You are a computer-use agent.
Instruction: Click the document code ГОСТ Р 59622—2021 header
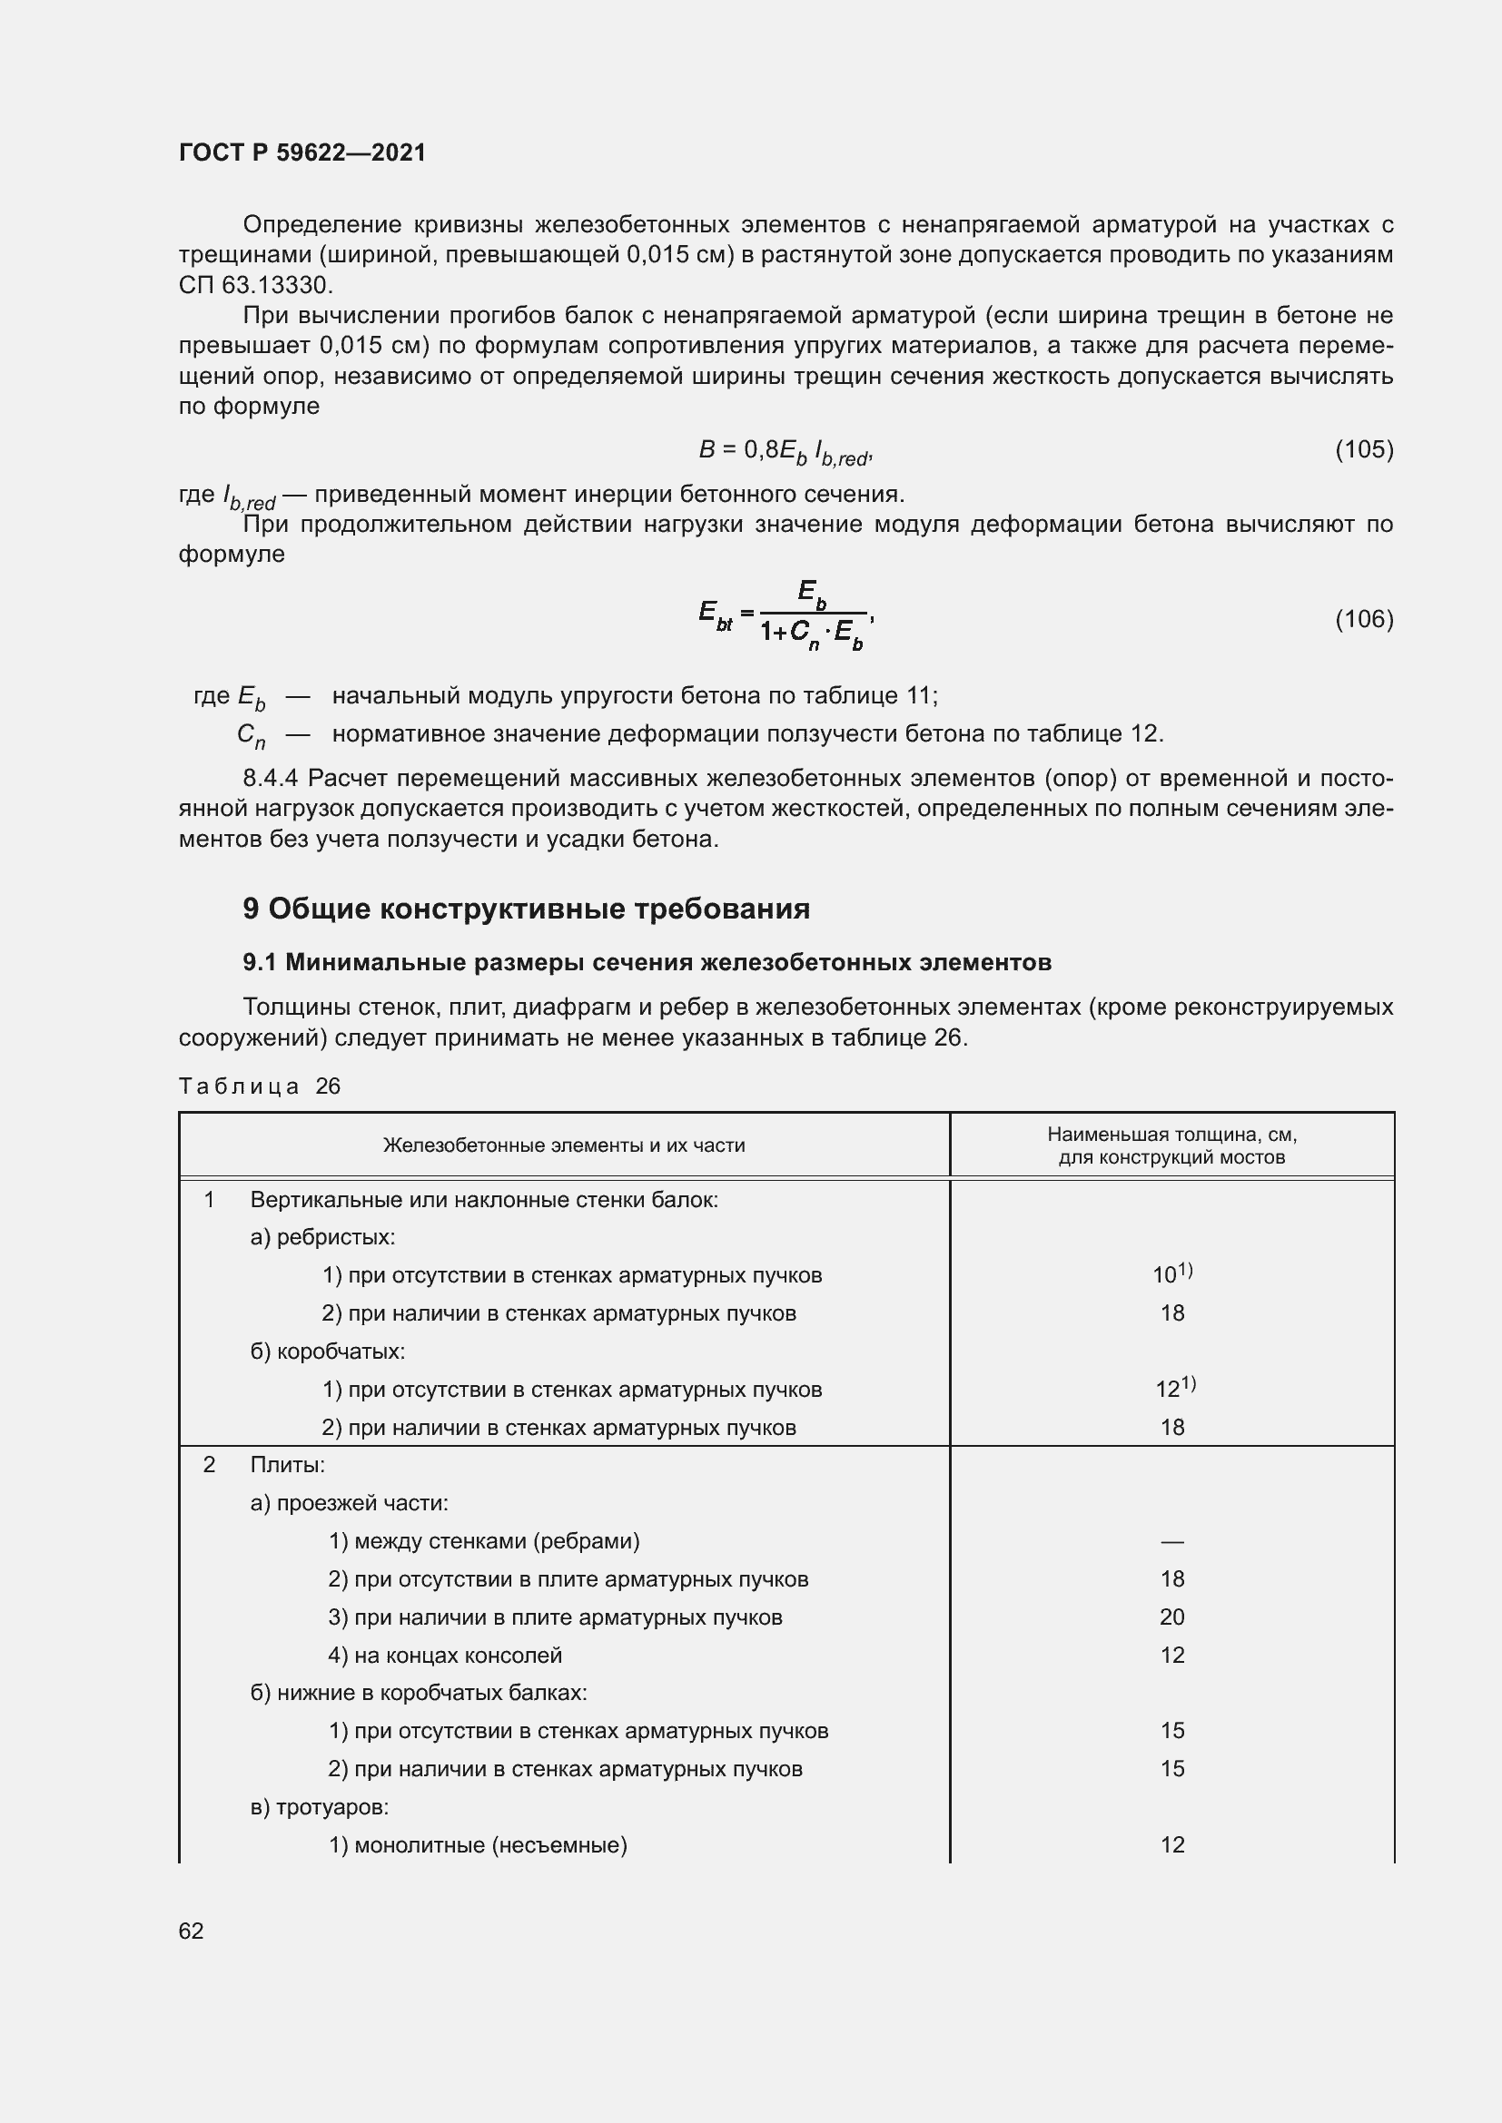(x=302, y=152)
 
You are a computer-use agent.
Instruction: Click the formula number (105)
(x=1363, y=449)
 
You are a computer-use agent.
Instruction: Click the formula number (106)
(x=1363, y=619)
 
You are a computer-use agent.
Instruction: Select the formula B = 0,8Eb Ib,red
(x=786, y=451)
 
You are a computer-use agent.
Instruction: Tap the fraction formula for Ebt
(x=786, y=614)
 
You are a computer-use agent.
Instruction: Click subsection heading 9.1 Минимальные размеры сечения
(x=647, y=962)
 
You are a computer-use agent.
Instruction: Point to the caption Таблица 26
(x=260, y=1086)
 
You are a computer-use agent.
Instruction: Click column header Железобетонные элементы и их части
(x=563, y=1145)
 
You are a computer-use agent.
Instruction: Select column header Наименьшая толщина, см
(x=1171, y=1145)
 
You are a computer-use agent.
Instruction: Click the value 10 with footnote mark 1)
(x=1171, y=1274)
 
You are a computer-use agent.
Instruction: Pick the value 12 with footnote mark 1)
(x=1173, y=1388)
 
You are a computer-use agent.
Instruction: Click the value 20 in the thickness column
(x=1171, y=1617)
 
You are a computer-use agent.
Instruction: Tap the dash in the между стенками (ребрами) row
(x=1171, y=1541)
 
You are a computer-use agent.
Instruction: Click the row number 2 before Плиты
(x=209, y=1465)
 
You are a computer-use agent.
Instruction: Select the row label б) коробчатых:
(x=328, y=1351)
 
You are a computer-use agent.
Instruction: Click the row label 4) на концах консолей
(x=445, y=1655)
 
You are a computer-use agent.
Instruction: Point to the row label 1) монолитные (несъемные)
(x=478, y=1844)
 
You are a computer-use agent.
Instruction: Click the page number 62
(x=192, y=1931)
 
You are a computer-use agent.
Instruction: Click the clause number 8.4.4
(x=271, y=779)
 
